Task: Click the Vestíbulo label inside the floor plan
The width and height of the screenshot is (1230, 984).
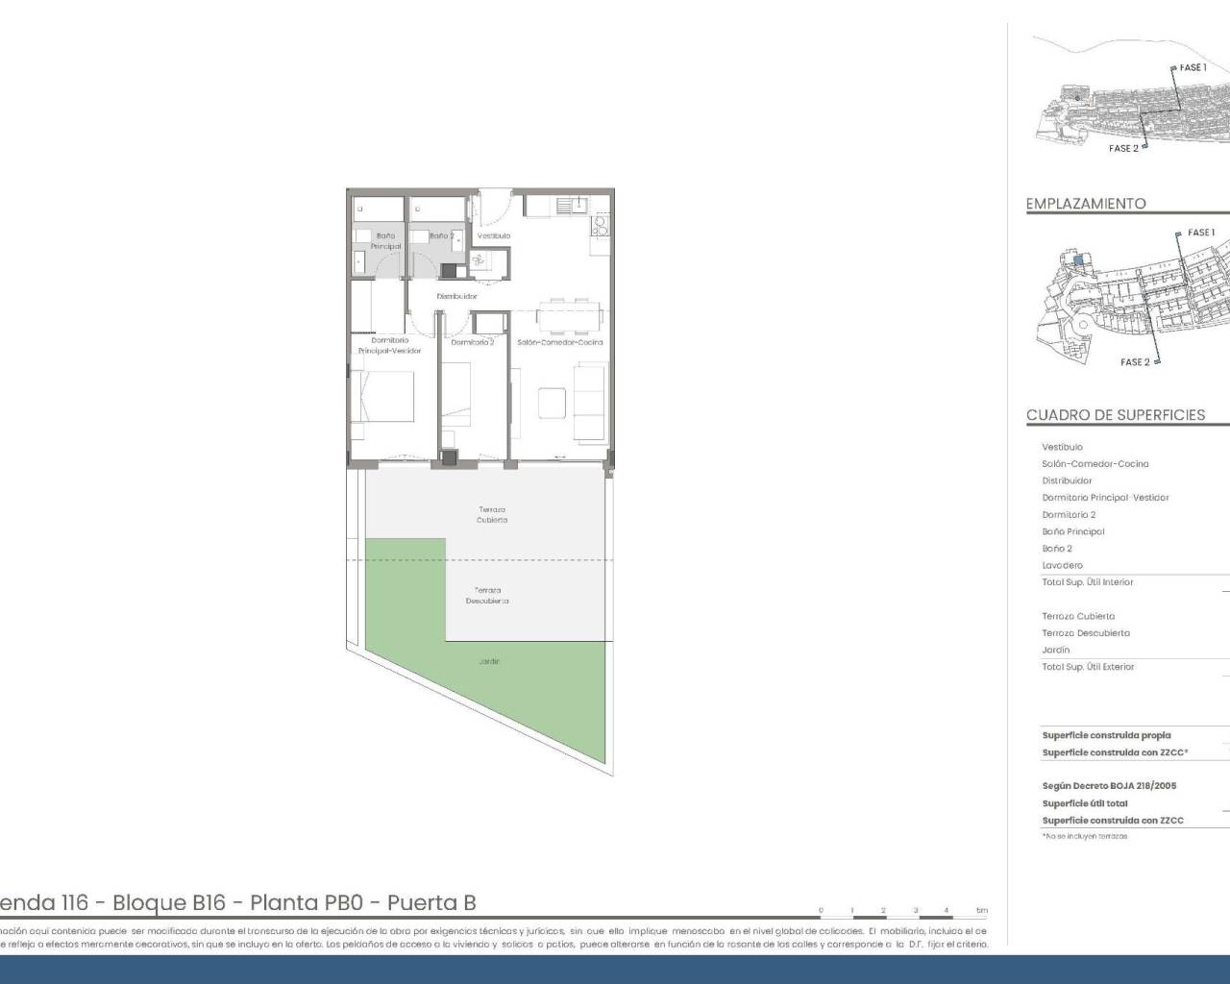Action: click(494, 235)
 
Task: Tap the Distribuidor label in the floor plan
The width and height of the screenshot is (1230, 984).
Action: click(456, 296)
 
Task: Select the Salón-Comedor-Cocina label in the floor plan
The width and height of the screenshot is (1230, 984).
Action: click(560, 342)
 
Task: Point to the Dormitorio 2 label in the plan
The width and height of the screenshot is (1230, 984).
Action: click(473, 342)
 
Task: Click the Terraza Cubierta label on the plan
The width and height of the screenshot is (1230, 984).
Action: click(492, 515)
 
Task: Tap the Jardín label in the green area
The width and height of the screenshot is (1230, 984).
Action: click(489, 661)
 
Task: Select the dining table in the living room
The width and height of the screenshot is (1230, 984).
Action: click(569, 312)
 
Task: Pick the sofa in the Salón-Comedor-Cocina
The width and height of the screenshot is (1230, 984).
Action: click(591, 402)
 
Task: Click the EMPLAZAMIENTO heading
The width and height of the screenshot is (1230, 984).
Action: click(1086, 204)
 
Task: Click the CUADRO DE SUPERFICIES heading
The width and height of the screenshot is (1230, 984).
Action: click(1115, 415)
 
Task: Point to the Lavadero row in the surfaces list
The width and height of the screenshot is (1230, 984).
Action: click(1062, 565)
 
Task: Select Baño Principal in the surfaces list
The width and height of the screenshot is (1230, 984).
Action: click(1073, 531)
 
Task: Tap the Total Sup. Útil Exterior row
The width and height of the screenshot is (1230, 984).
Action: click(1088, 667)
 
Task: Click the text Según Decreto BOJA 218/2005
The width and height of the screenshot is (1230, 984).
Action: click(1109, 786)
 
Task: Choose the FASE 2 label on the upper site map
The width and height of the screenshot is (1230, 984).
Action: click(1123, 149)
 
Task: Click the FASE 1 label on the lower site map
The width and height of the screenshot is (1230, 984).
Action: click(1200, 233)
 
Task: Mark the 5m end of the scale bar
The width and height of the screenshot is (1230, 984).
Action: click(981, 910)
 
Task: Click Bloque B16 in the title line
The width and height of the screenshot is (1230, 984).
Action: click(169, 903)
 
